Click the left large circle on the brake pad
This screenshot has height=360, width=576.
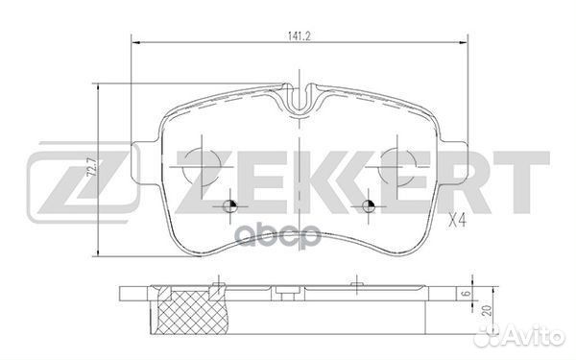[200, 165]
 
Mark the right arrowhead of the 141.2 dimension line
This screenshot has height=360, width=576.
[465, 42]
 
